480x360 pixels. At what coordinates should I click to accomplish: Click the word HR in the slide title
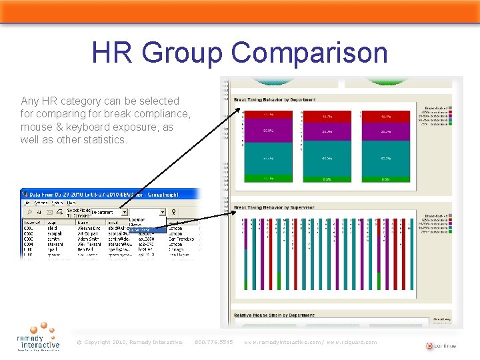113,52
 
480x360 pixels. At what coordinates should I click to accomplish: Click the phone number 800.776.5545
213,342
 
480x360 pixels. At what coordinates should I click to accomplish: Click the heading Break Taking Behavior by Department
275,100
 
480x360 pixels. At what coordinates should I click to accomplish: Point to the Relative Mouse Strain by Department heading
273,315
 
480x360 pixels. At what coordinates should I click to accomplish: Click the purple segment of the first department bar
268,131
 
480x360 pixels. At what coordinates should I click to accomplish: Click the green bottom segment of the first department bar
268,179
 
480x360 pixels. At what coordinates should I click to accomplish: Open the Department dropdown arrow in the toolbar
125,212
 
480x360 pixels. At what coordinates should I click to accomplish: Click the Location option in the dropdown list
137,219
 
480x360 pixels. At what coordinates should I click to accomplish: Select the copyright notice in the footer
129,342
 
